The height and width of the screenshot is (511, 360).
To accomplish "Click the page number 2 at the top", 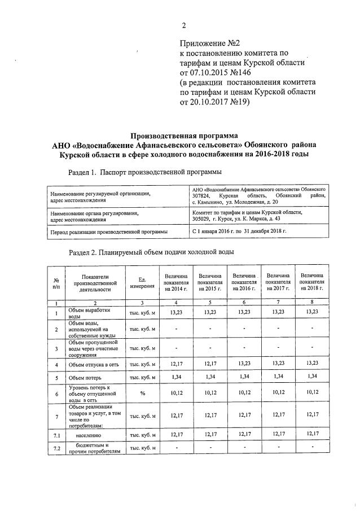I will (x=183, y=25).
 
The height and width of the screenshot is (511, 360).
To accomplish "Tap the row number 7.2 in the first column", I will (x=56, y=448).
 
